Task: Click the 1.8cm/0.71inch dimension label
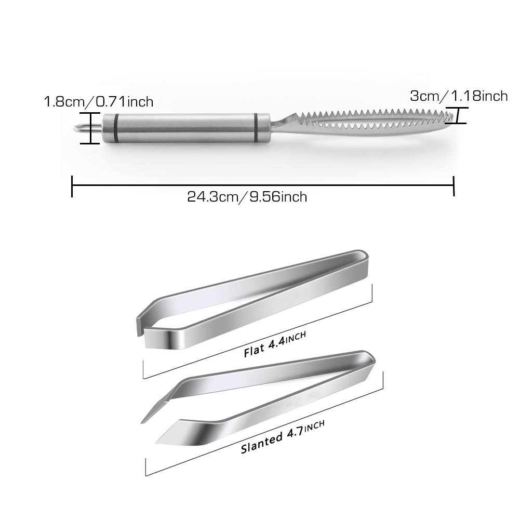coord(99,101)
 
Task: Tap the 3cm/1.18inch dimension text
coord(459,96)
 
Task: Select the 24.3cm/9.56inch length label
coord(247,197)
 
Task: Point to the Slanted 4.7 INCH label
coord(283,437)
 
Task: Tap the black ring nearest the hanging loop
coord(116,128)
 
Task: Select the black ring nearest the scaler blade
coord(256,128)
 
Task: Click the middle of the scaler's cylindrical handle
coord(186,128)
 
